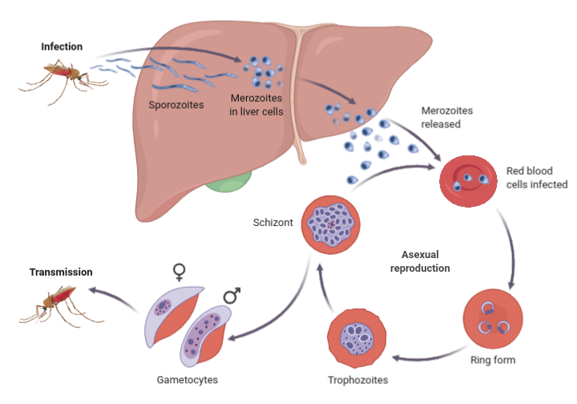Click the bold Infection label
click(x=62, y=46)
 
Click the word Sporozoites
click(x=176, y=105)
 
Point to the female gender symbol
click(x=180, y=273)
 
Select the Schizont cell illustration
click(x=330, y=224)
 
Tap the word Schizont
click(x=273, y=223)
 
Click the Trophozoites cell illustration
click(x=357, y=338)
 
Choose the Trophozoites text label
click(x=357, y=380)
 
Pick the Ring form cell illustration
click(x=493, y=319)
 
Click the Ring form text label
click(x=493, y=360)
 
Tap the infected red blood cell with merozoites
click(x=469, y=181)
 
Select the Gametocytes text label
click(x=188, y=380)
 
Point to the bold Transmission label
click(x=61, y=273)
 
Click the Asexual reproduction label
click(x=420, y=261)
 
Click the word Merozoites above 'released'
click(x=446, y=111)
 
